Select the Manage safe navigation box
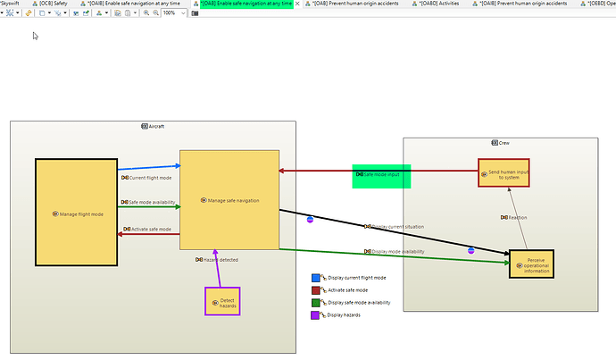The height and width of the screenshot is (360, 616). coord(230,200)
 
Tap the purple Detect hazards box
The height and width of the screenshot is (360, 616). coord(222,301)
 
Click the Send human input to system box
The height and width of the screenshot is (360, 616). coord(504,172)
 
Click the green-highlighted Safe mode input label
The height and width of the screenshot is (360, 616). coord(381,175)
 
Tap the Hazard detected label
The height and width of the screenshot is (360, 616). coord(216,260)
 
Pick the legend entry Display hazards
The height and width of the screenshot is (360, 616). coord(344,315)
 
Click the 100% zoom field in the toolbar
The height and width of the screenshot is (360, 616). coord(170,13)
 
